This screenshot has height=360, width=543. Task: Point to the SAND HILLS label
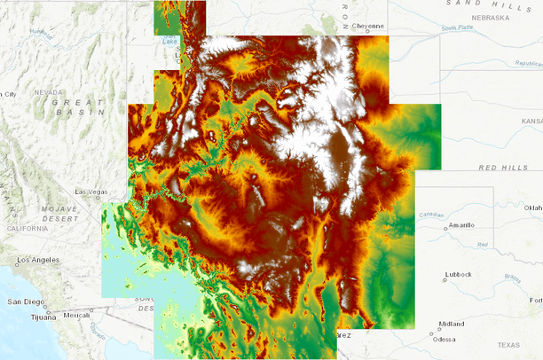click(x=477, y=4)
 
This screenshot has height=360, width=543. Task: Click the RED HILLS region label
click(x=502, y=168)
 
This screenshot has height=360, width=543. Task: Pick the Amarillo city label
click(x=468, y=225)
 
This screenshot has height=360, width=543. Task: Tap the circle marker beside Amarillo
click(x=446, y=228)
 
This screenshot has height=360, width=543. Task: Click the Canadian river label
click(x=432, y=214)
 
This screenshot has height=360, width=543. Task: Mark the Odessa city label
click(x=445, y=340)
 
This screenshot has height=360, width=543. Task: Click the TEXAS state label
click(x=509, y=345)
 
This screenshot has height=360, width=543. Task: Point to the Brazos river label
click(x=513, y=278)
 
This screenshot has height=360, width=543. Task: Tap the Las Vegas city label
click(x=90, y=192)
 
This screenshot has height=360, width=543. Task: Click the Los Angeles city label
click(x=37, y=261)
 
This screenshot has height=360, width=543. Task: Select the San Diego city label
click(x=23, y=301)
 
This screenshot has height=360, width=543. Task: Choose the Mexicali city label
click(x=77, y=315)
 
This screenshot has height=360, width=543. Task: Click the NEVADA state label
click(x=49, y=92)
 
